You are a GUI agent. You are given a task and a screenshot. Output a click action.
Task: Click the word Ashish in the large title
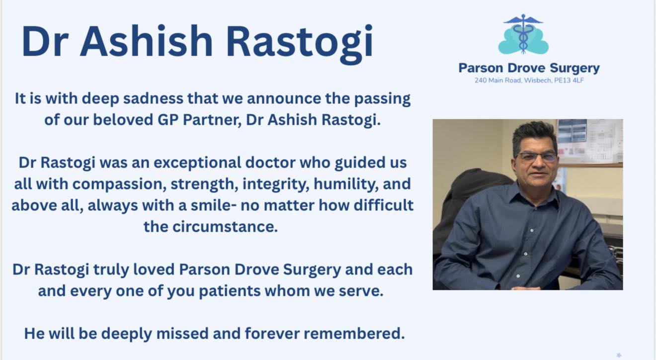click(147, 41)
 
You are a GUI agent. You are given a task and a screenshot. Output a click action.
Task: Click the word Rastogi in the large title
click(299, 42)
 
